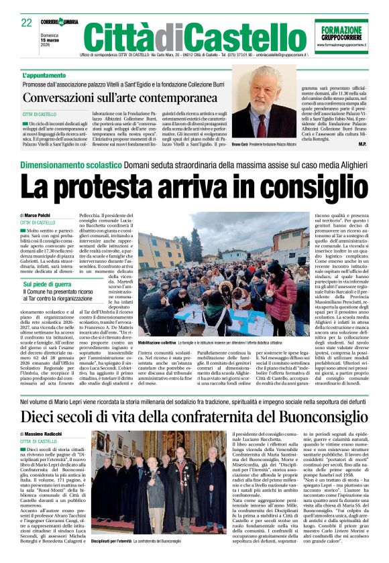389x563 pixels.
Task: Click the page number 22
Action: coord(27,22)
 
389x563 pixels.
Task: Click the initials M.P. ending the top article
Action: coord(362,143)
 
